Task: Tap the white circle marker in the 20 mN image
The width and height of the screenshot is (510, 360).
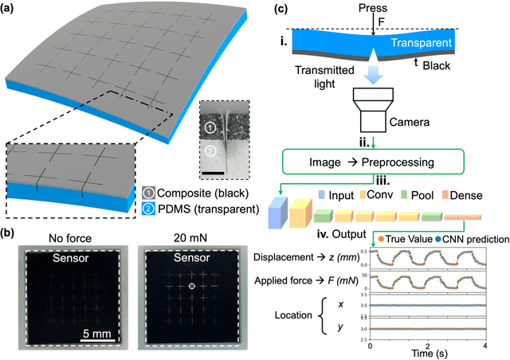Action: click(190, 285)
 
